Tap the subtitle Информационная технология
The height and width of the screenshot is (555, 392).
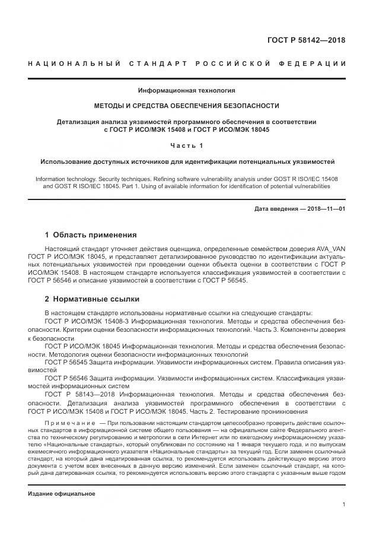pyautogui.click(x=187, y=91)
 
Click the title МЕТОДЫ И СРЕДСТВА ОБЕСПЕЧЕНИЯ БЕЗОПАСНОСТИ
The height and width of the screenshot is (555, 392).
pyautogui.click(x=187, y=106)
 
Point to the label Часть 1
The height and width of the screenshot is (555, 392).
pyautogui.click(x=187, y=145)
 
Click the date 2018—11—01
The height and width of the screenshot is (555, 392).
pyautogui.click(x=326, y=208)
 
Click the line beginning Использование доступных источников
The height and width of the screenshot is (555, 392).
pyautogui.click(x=187, y=161)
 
